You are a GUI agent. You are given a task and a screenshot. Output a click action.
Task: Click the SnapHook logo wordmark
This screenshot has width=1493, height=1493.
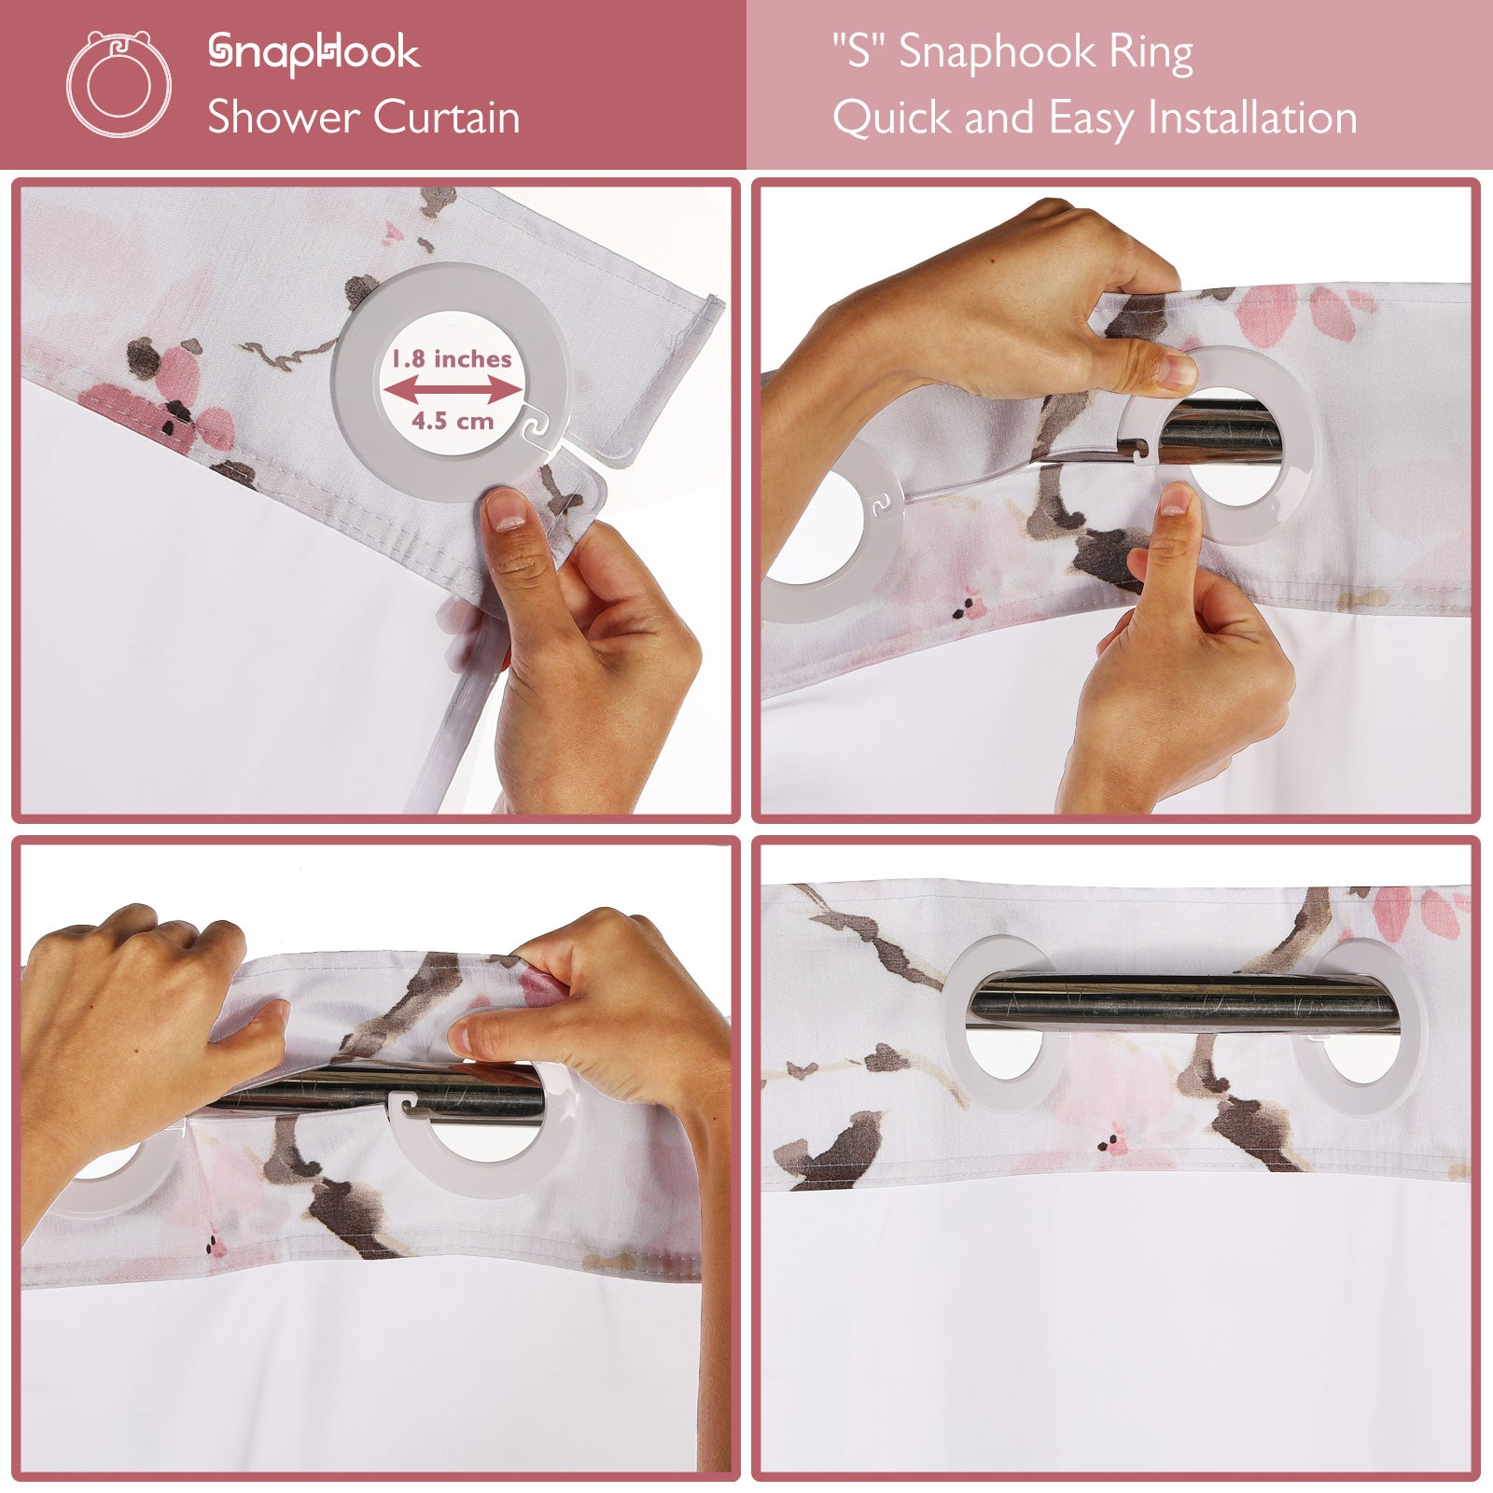coord(314,53)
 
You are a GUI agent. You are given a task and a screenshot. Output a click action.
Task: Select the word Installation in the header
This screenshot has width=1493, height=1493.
coord(1252,119)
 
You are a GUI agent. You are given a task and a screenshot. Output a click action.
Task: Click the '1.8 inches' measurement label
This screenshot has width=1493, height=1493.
coord(452,359)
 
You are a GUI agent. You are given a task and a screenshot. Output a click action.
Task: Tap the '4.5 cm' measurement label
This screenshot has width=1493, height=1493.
coord(453,421)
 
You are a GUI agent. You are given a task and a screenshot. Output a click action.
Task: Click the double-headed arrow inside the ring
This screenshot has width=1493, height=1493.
coord(453,390)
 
